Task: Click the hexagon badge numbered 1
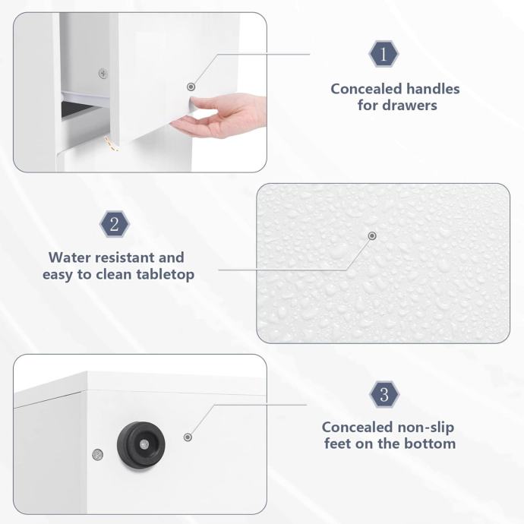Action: click(x=384, y=54)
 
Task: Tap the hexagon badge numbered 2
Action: click(x=115, y=224)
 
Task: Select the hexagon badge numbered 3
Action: click(x=384, y=394)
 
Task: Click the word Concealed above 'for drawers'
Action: click(x=366, y=89)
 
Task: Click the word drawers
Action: click(x=410, y=106)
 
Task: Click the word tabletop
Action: click(x=165, y=275)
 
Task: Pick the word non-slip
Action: click(x=426, y=427)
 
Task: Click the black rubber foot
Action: click(x=141, y=445)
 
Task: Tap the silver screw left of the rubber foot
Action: click(x=97, y=454)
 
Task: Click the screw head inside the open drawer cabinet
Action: click(x=103, y=73)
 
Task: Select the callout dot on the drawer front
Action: click(x=191, y=87)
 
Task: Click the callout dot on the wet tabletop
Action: click(x=372, y=236)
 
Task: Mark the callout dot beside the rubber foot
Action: click(x=188, y=437)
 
